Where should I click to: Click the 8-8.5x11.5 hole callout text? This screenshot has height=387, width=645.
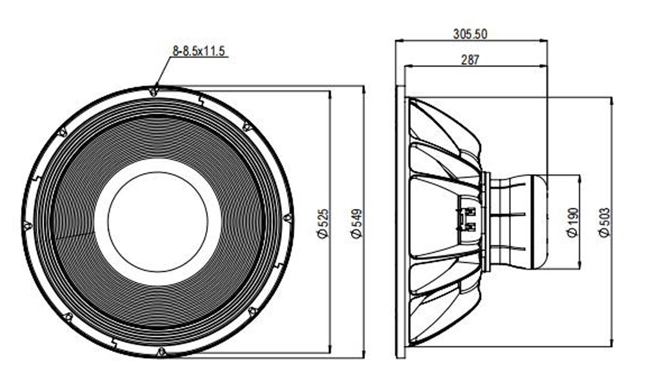point(199,51)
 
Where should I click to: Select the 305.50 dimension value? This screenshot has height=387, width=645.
point(471,34)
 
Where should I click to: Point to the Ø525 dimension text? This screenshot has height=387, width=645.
point(324,223)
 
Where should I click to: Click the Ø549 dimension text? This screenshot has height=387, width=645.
point(357,223)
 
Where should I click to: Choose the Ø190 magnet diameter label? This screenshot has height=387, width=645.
point(572,223)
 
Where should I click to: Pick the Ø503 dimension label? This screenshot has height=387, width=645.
point(604,223)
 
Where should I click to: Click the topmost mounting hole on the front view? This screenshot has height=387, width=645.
point(154,92)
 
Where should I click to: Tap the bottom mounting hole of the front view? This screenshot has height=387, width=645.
point(161,352)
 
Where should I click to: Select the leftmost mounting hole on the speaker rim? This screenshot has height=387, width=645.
point(28,226)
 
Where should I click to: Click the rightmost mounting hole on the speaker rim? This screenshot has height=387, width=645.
point(287,218)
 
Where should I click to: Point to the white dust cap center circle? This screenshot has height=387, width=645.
point(157,222)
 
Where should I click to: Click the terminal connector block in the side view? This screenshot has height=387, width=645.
point(469,219)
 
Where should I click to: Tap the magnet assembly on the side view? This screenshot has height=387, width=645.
point(516,221)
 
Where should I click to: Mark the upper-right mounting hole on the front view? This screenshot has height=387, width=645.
point(246,126)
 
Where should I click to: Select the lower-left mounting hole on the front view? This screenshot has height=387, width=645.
point(68,317)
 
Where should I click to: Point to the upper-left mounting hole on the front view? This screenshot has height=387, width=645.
point(63,132)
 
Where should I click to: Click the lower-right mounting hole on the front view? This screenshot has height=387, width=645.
point(252,312)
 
